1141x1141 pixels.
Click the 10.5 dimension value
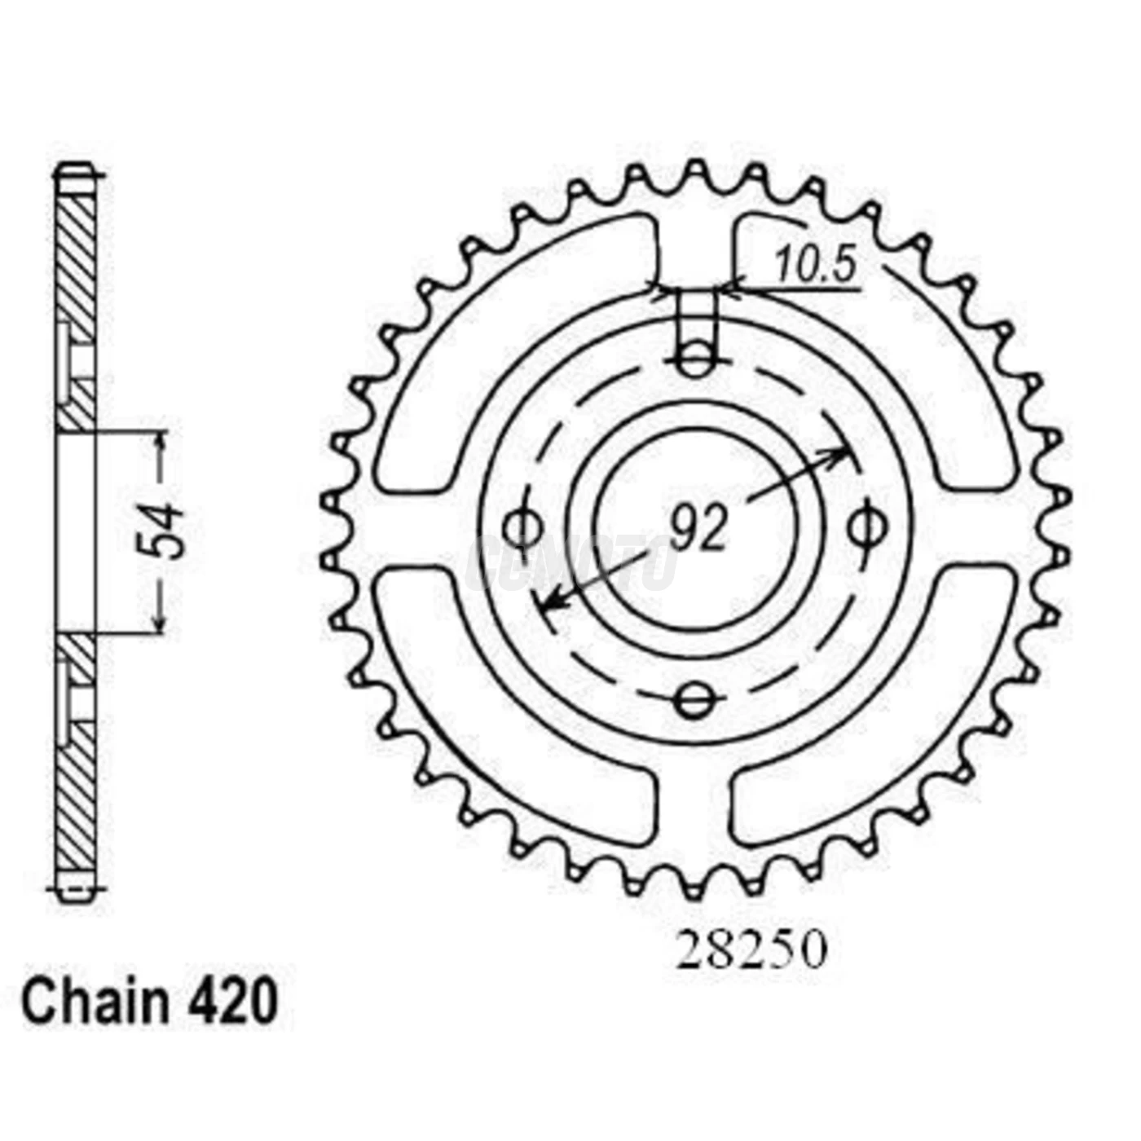click(815, 266)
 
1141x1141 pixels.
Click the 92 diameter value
click(698, 528)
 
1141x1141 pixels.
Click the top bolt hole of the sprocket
click(694, 359)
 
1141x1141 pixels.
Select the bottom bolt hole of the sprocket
click(694, 699)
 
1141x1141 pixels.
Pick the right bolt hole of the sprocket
click(866, 528)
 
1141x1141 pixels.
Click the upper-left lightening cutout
click(505, 342)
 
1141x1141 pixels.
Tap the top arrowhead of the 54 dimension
click(161, 440)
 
